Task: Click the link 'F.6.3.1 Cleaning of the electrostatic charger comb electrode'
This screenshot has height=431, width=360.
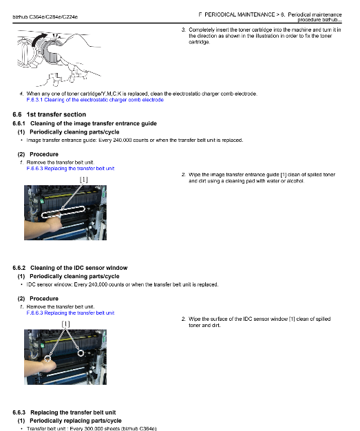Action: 95,100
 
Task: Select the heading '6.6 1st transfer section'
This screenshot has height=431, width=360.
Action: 49,114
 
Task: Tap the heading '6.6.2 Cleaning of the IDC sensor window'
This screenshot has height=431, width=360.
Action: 70,268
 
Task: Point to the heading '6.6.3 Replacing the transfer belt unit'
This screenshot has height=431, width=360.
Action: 64,412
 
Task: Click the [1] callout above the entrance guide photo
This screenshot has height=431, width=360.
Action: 83,180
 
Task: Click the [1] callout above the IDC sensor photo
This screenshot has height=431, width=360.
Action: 65,324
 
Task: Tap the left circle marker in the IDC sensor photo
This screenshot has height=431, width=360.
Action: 47,358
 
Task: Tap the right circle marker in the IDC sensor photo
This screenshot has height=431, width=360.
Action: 81,353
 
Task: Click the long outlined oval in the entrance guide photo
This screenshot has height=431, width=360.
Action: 63,211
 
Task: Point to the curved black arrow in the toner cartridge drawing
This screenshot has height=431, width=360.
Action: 38,39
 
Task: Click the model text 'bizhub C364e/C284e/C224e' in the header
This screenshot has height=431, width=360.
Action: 45,17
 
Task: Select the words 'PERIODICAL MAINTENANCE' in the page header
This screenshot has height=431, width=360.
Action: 240,14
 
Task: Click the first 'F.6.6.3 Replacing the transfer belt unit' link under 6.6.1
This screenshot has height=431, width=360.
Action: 70,169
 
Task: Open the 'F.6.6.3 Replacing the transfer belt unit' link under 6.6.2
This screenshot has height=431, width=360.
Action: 70,313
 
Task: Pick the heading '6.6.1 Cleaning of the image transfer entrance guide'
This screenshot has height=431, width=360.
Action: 85,123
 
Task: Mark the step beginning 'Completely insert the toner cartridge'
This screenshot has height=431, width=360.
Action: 262,36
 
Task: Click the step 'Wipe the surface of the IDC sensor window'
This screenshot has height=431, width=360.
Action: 256,322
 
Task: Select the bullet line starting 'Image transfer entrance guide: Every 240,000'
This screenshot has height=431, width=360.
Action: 135,140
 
